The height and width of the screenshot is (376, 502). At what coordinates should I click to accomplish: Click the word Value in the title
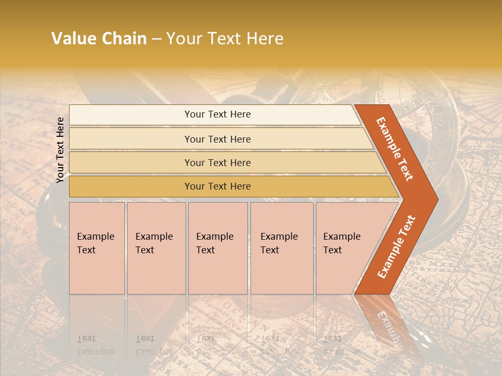[x=73, y=39]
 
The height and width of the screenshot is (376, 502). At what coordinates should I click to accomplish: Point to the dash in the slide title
[x=156, y=39]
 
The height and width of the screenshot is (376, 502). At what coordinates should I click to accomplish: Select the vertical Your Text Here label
[x=60, y=150]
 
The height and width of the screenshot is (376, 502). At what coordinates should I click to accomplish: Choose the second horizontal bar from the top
[x=218, y=139]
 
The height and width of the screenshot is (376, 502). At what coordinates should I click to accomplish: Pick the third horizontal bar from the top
[x=218, y=162]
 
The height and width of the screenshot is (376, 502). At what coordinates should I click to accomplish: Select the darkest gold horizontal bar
[x=218, y=186]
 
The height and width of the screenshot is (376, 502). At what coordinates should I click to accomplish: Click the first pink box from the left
[x=97, y=248]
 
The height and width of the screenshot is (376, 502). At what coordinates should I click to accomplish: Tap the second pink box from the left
[x=156, y=248]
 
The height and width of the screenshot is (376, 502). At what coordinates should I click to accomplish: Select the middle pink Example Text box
[x=218, y=248]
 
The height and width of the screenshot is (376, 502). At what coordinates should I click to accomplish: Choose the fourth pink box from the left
[x=282, y=248]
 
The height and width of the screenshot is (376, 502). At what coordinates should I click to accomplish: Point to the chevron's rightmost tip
[x=437, y=199]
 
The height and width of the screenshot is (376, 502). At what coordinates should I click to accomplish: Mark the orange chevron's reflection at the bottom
[x=387, y=324]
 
